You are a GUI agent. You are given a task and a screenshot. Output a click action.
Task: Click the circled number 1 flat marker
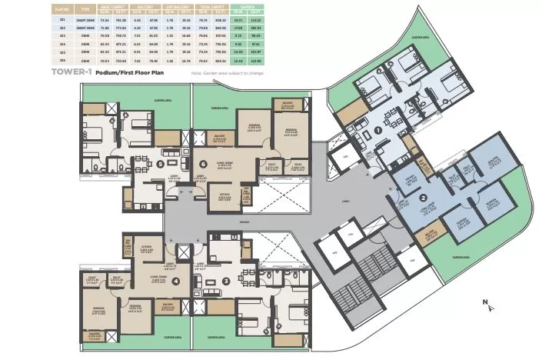point(378,132)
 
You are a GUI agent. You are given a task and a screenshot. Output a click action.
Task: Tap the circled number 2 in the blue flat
point(423,197)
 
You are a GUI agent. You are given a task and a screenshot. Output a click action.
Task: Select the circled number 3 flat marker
point(225,280)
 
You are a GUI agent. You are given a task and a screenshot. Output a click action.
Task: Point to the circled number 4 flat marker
point(177,280)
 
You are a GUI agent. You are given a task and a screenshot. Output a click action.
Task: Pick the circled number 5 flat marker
point(159,164)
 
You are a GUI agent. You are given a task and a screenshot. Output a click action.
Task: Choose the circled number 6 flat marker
point(203,164)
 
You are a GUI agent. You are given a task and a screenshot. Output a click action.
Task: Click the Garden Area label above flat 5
point(161,99)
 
